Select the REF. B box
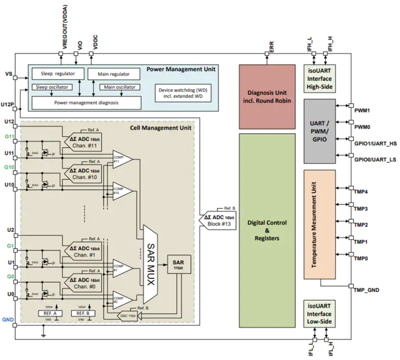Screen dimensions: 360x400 coord(81,312)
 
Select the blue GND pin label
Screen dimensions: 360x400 coord(8,319)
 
